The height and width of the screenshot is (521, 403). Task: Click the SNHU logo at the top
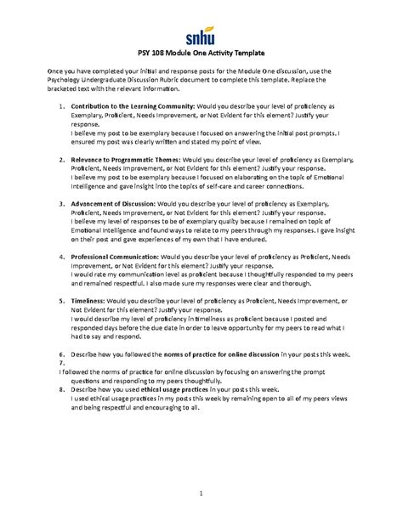201,37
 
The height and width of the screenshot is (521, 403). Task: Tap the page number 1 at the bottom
201,492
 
